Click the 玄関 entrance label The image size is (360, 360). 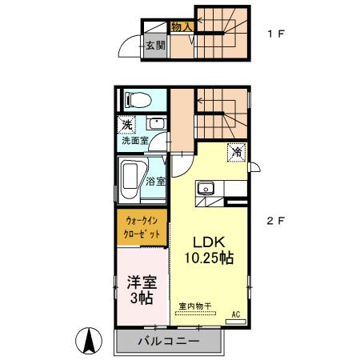coord(155,45)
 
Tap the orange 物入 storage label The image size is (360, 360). coord(182,27)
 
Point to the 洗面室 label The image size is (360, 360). coord(132,141)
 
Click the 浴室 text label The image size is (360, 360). coord(155,181)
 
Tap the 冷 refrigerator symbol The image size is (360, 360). coord(237,151)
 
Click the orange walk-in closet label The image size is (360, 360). coord(142,226)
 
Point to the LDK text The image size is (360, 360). coord(210,243)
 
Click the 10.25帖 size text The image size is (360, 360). coord(210,258)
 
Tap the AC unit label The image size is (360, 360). coord(236,314)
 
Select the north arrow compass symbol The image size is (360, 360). coord(90,342)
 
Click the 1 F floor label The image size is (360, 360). coord(275,34)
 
